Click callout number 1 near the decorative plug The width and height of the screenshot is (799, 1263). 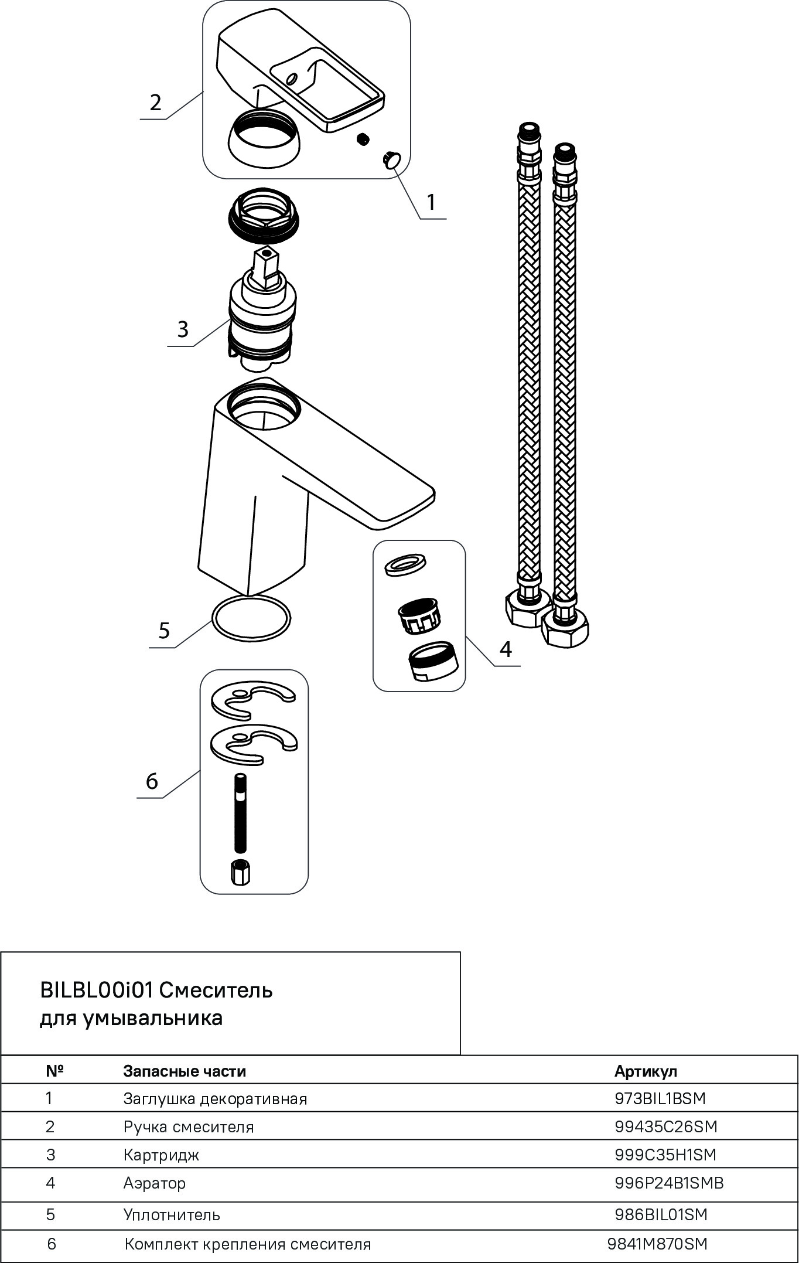[431, 202]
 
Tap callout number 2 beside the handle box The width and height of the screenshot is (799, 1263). [155, 103]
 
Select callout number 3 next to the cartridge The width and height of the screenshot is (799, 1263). [183, 329]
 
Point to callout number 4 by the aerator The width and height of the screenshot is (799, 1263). [506, 649]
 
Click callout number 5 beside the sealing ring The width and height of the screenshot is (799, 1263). [164, 631]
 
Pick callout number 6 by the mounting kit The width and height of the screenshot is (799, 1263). [152, 781]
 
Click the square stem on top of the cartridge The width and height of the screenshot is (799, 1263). [267, 267]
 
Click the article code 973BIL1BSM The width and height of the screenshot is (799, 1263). [660, 1098]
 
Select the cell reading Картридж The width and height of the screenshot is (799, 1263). [161, 1155]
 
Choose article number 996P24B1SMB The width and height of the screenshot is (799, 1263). [669, 1183]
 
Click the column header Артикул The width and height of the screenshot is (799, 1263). [646, 1071]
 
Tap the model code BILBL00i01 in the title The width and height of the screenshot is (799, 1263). [96, 990]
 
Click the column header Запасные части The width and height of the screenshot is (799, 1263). [184, 1071]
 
